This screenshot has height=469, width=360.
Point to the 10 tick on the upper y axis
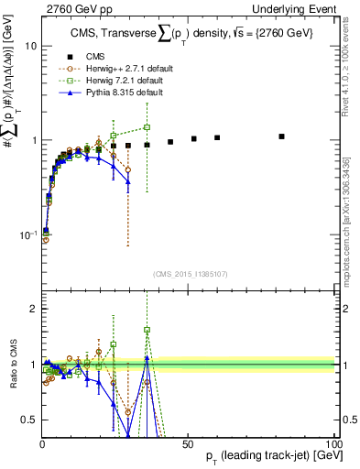[x=29, y=45]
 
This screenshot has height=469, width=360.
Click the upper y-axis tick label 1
[x=32, y=140]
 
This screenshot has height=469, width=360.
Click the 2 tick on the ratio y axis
[x=32, y=309]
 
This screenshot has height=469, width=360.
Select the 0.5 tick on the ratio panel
[x=27, y=420]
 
